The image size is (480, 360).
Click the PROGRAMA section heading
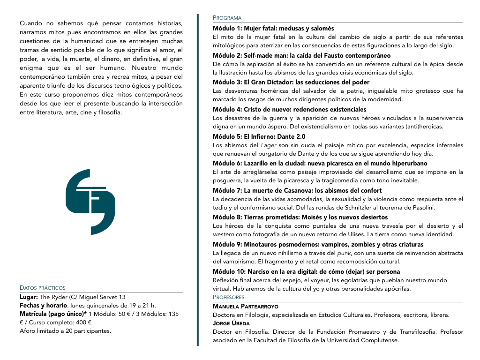227,18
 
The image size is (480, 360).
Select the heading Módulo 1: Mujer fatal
273,28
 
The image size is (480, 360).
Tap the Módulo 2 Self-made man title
301,55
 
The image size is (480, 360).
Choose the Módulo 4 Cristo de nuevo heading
289,109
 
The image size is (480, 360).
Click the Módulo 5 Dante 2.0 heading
259,136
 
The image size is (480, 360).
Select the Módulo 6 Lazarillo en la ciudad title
320,163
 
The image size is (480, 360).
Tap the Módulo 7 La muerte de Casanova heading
297,190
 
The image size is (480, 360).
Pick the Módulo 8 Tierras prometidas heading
300,217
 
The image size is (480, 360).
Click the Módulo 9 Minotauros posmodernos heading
318,244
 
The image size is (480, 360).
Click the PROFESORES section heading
229,297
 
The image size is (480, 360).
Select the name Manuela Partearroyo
245,306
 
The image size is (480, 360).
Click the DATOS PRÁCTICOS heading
43,288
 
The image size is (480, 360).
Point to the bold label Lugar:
29,297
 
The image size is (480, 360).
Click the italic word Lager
269,145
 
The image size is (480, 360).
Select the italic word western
224,234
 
